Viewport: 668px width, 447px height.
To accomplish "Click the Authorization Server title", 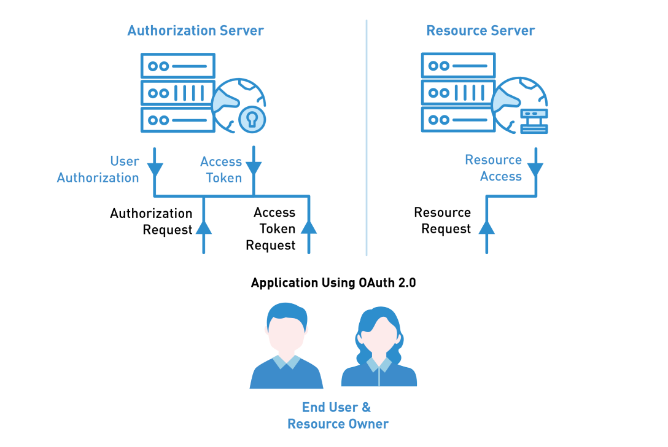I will pos(195,30).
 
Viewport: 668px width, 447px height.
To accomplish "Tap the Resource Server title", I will pos(481,30).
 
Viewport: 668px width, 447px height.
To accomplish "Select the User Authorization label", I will pos(98,169).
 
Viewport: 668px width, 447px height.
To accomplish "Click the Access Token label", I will pos(221,170).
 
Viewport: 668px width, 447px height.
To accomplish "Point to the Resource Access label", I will pos(494,168).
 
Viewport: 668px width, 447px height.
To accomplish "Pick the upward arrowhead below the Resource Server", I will pos(487,228).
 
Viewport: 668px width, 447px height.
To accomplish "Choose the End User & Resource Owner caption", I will pos(338,416).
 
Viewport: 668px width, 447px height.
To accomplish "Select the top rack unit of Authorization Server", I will pos(177,66).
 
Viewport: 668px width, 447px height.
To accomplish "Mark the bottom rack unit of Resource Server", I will pos(458,120).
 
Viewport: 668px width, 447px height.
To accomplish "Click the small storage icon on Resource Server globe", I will pos(534,121).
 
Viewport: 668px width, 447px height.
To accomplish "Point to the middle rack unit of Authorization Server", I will pos(177,93).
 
